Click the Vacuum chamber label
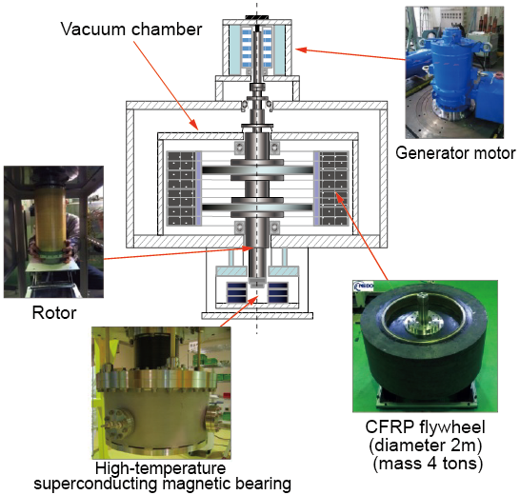[131, 30]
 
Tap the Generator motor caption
[455, 153]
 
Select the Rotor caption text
[54, 312]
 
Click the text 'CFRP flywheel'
[425, 427]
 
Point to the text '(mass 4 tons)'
[428, 464]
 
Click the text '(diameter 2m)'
[425, 445]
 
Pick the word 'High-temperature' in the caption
[161, 468]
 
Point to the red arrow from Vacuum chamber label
[166, 86]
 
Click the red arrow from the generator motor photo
[350, 54]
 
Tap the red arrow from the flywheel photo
[362, 236]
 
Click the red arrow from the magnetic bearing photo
[239, 311]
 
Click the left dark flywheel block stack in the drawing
[182, 188]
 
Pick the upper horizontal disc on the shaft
[257, 170]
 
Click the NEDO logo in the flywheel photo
[364, 287]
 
